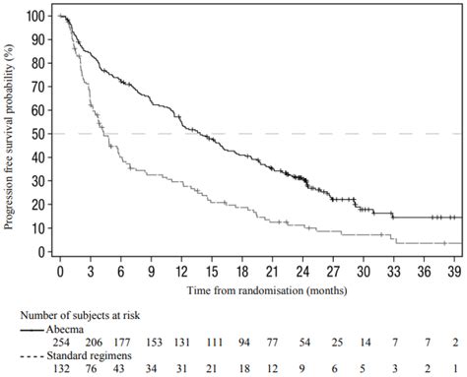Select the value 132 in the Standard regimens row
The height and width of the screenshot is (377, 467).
(61, 368)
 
